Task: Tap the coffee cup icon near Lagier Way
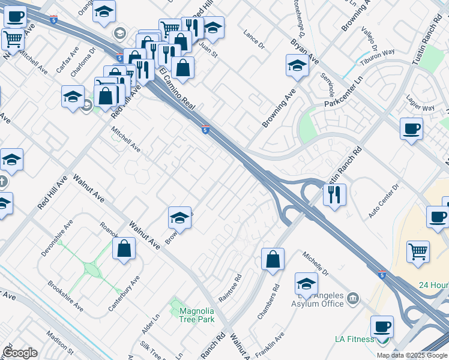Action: coord(411,128)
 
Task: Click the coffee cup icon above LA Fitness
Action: coord(382,327)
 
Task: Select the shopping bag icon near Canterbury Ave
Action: coord(124,249)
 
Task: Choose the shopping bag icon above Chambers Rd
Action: coord(273,259)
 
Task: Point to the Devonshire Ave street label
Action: coord(57,238)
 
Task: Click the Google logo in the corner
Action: coord(20,352)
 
